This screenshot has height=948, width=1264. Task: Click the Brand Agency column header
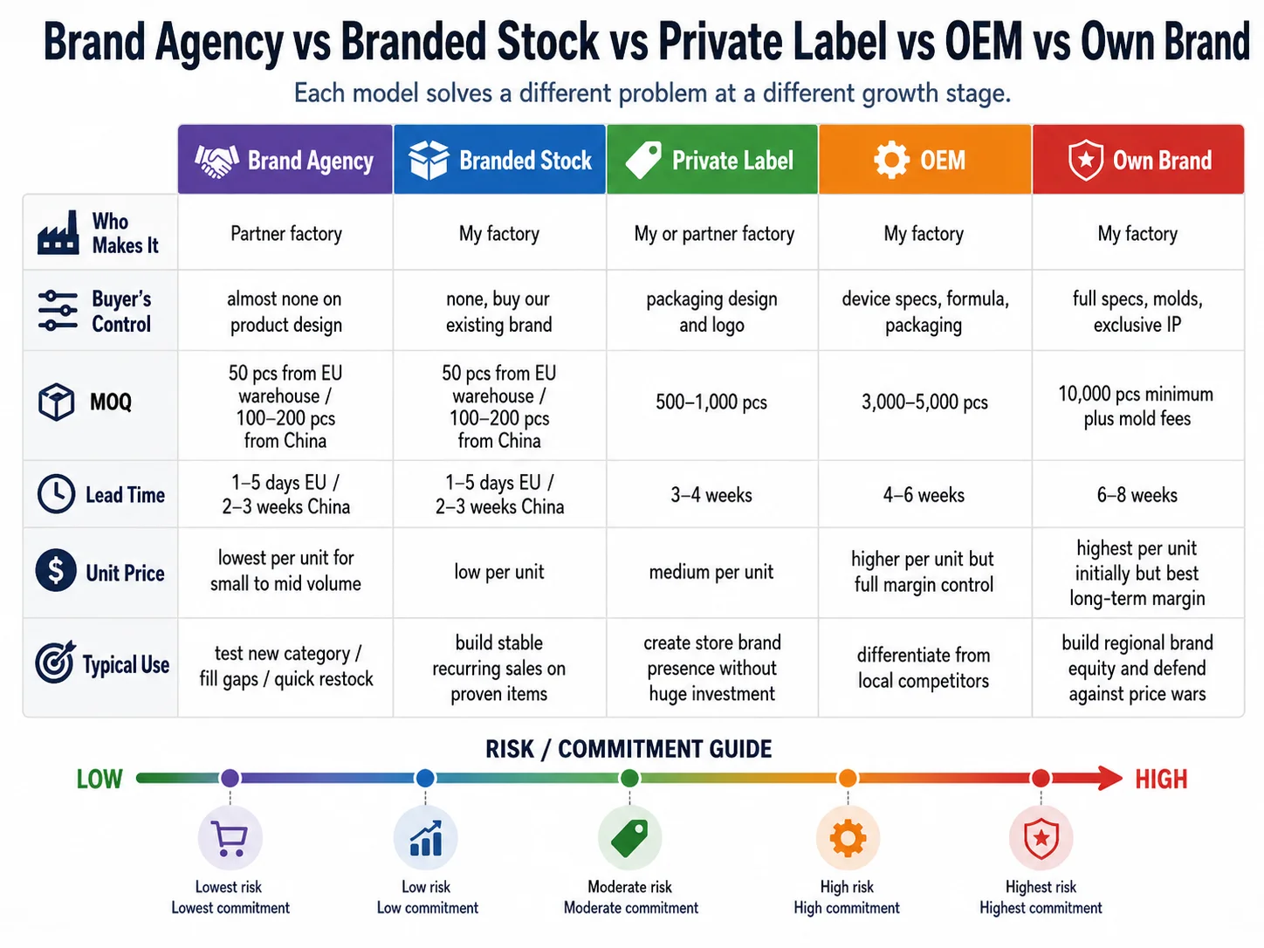[x=285, y=160]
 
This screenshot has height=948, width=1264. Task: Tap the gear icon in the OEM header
[x=891, y=160]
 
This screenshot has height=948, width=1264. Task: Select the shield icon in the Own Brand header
[x=1085, y=160]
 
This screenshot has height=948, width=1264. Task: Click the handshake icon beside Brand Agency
[x=216, y=160]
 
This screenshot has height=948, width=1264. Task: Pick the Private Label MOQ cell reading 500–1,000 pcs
[x=711, y=402]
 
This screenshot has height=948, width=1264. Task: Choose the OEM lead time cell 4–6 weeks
[x=924, y=495]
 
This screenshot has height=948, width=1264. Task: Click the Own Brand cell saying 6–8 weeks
[x=1137, y=495]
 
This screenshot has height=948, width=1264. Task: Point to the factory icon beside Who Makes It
[x=58, y=232]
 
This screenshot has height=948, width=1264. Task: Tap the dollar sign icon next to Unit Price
[x=56, y=570]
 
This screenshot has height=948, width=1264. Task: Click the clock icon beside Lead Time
[x=56, y=494]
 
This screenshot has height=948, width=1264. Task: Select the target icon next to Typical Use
[x=55, y=662]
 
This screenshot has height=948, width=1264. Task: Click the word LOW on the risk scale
[x=100, y=779]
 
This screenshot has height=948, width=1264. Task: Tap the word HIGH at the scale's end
[x=1161, y=779]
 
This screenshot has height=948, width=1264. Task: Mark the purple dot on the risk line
[x=230, y=778]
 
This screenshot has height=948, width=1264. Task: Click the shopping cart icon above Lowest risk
[x=230, y=838]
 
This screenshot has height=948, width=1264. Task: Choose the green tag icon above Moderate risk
[x=629, y=837]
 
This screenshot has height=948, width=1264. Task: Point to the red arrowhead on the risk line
[x=1109, y=778]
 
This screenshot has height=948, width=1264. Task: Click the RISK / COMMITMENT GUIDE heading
[x=629, y=749]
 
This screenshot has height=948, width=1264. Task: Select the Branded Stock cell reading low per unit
[x=498, y=572]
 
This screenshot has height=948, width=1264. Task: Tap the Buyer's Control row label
[x=121, y=312]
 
